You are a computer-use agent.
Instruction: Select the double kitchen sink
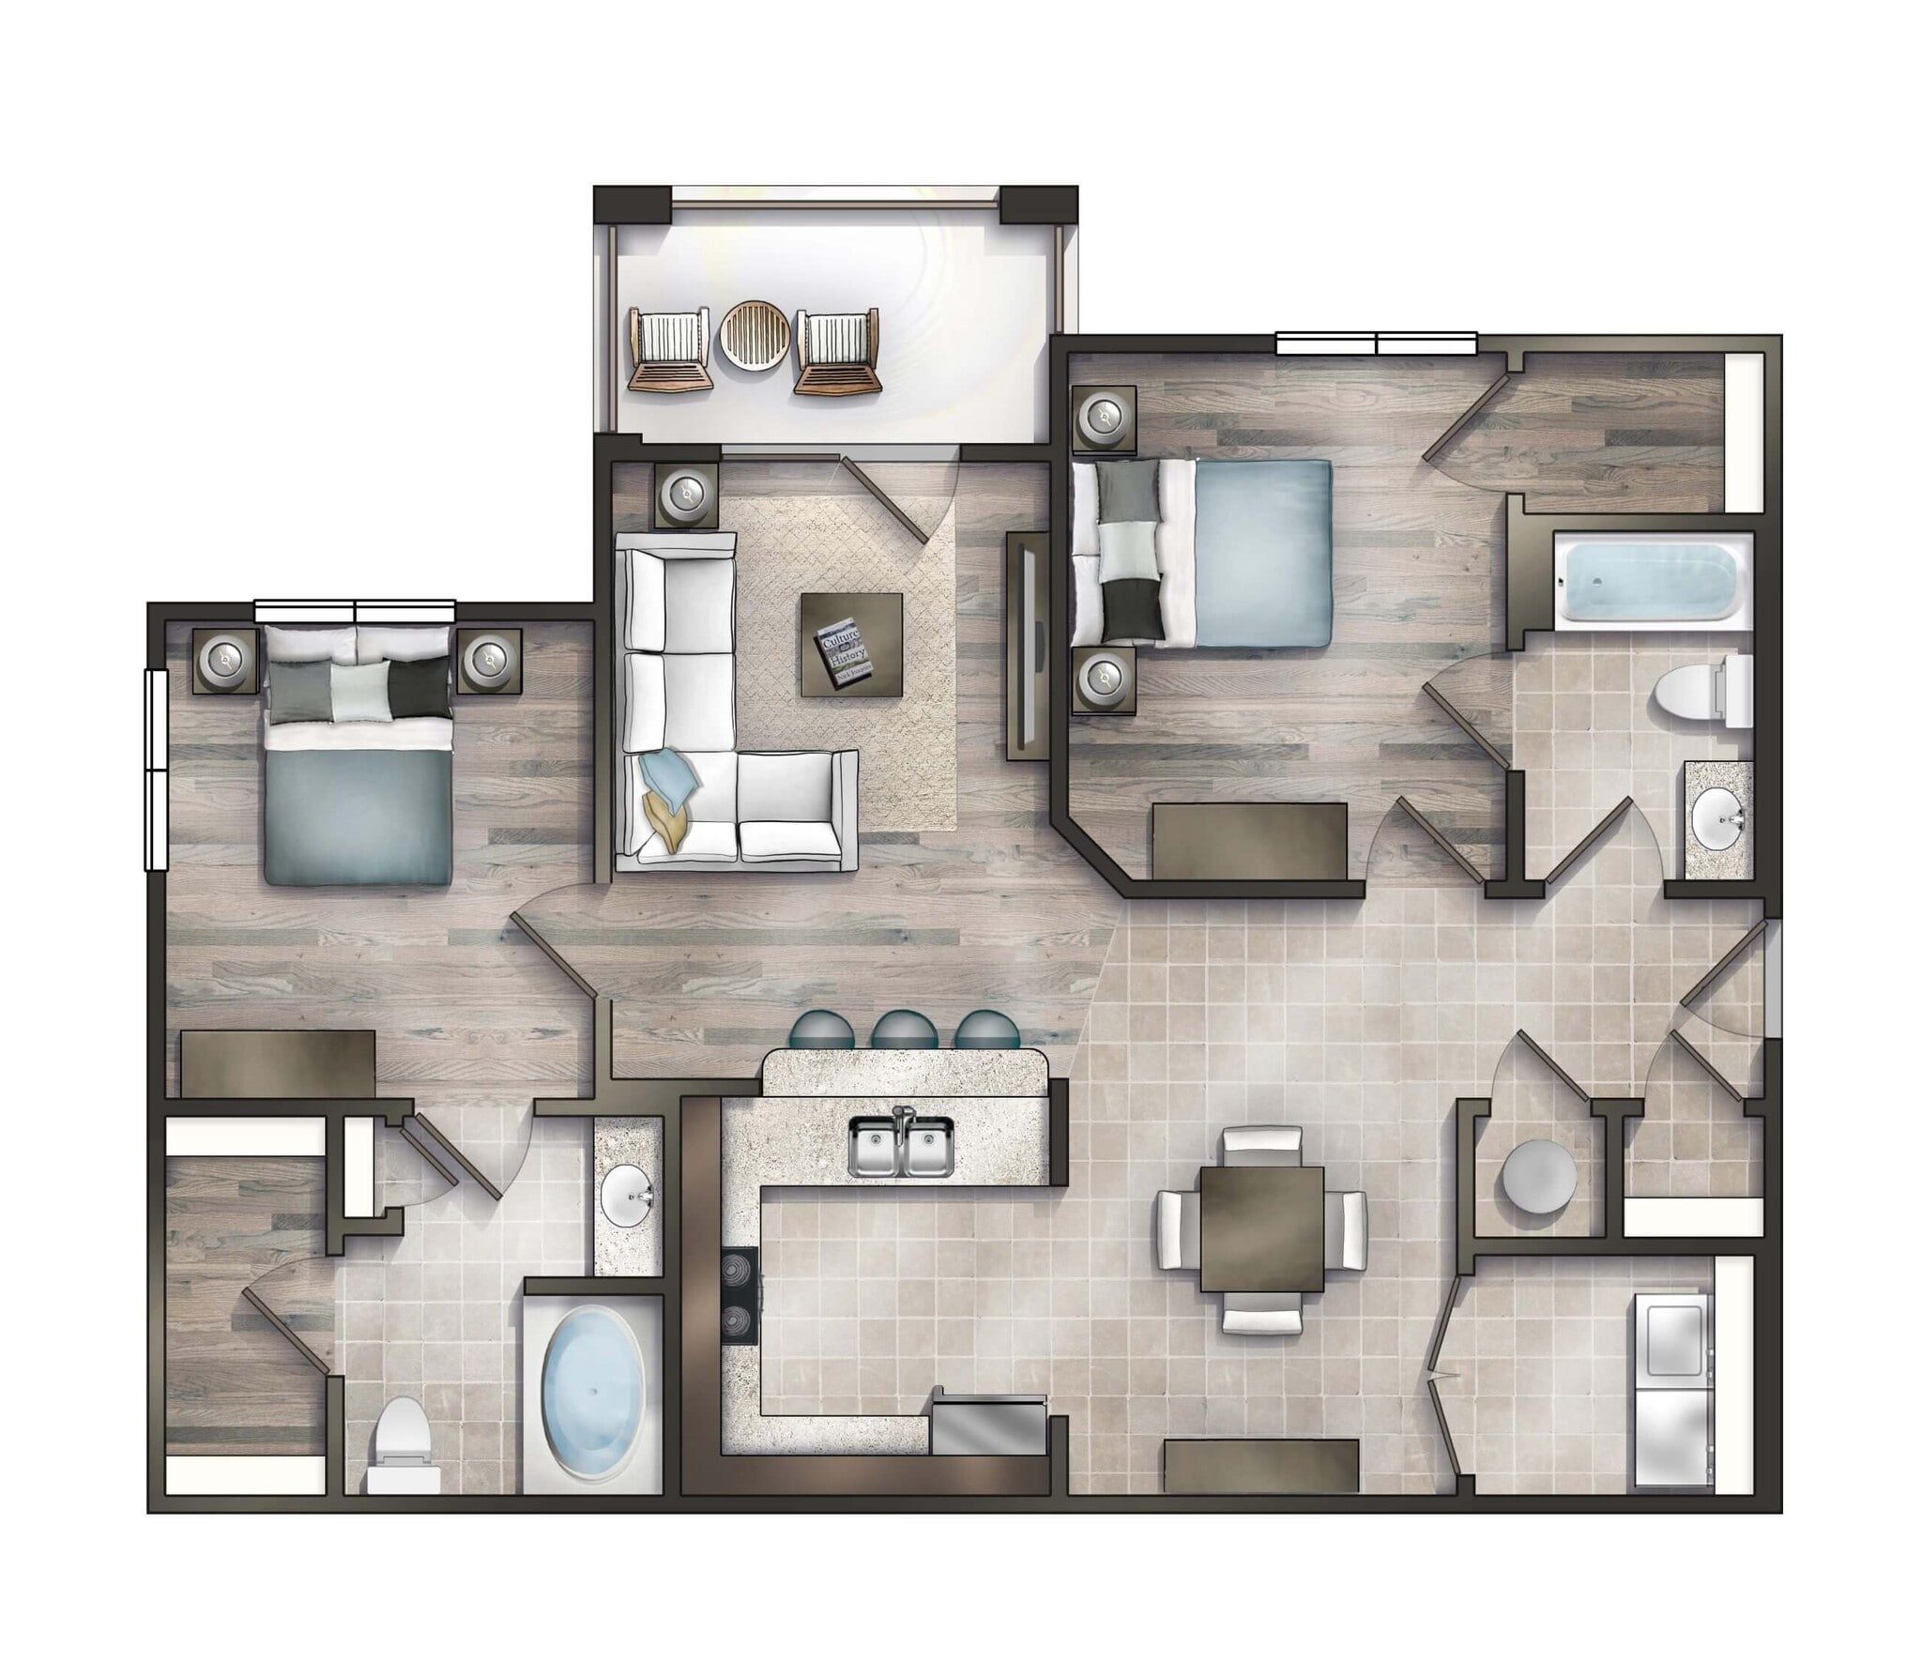pyautogui.click(x=900, y=1146)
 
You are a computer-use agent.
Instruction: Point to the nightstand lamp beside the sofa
pyautogui.click(x=690, y=495)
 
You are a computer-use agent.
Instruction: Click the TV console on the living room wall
pyautogui.click(x=1026, y=646)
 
